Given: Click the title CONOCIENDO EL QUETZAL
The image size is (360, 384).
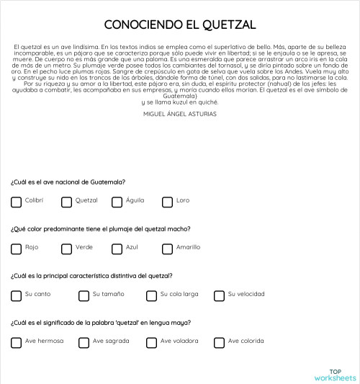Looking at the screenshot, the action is coord(180,24).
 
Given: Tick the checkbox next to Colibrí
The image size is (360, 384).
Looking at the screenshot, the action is coord(17,202).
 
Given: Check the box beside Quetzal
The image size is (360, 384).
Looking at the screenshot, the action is coord(67,202).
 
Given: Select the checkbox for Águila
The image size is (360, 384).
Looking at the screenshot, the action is coord(117,202).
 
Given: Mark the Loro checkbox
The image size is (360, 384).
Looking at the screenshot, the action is coord(168,202).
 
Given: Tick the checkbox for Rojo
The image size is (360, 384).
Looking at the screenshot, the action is coord(17,249).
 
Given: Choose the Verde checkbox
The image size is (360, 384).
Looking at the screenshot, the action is coord(67,249).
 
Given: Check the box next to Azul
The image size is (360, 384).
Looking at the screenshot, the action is coord(117,249).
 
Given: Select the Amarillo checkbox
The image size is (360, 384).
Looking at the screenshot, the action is coord(168,249).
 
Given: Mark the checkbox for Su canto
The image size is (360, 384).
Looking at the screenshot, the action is coord(17,295).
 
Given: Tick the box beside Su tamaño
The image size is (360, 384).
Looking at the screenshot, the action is coord(84,295).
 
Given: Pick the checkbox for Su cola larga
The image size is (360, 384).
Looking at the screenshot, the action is coord(152,295).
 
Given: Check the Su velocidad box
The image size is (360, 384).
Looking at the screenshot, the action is coord(220,295).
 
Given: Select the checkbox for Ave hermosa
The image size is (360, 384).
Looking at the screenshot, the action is coord(17,342).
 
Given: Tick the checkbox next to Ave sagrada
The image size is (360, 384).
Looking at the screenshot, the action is coord(84,342).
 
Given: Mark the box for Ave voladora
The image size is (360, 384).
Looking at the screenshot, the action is coord(152,342).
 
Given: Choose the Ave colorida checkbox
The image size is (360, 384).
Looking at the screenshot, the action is coord(220,342).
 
